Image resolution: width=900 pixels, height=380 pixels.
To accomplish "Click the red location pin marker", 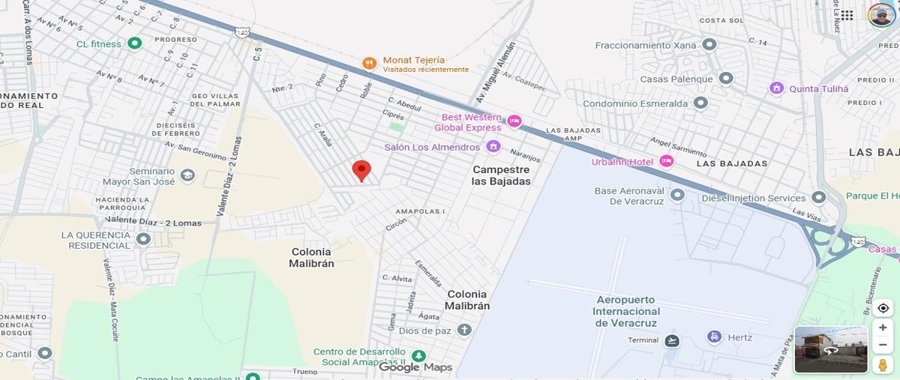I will [x=361, y=170].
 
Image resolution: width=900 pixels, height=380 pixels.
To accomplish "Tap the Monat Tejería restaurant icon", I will [x=369, y=64].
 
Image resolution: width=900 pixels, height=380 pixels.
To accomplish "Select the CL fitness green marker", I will [x=135, y=43].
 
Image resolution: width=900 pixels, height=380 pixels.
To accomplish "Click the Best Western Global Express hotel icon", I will [x=514, y=121].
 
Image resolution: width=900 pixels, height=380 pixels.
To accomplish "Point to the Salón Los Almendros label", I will [x=431, y=148].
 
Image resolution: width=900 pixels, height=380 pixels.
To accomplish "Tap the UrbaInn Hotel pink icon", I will [x=666, y=161].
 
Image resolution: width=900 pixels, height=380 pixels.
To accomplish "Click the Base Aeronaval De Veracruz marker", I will [x=677, y=195].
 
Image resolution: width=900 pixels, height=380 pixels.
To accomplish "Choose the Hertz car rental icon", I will [x=714, y=337].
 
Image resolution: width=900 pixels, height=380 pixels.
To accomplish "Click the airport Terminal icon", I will [x=671, y=341].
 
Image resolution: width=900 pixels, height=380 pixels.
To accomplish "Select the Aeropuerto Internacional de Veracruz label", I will [x=626, y=311].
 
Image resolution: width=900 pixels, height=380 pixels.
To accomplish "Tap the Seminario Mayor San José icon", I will [x=187, y=175].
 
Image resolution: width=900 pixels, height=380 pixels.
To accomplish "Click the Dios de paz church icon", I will [x=464, y=330].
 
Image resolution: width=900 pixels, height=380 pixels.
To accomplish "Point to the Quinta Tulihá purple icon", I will [x=776, y=88].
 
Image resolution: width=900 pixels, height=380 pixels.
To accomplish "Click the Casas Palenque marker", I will [x=725, y=78].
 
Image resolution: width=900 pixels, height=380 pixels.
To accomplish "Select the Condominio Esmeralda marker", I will [x=700, y=103].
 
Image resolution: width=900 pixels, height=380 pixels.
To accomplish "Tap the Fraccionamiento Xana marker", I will [x=709, y=45].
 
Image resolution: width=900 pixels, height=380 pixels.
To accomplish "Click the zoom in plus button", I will [x=883, y=328].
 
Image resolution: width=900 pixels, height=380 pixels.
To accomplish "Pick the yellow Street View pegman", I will [x=883, y=364].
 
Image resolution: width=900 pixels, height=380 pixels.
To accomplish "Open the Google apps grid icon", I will [x=847, y=15].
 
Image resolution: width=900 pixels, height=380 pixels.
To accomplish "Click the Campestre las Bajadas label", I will [x=501, y=175].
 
